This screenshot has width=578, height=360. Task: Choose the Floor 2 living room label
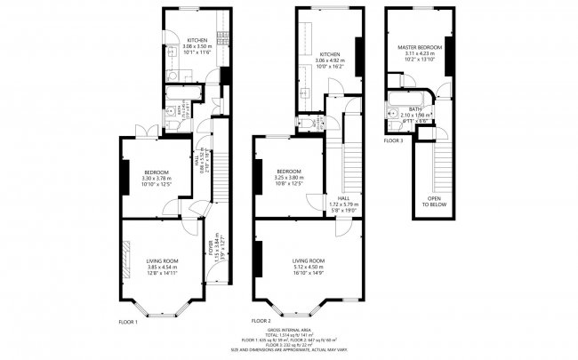coord(309,260)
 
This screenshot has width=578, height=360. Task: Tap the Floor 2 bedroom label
coord(289,171)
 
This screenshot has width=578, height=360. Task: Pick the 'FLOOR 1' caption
coord(128,321)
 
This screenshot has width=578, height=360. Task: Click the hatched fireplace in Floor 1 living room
coord(123,263)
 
